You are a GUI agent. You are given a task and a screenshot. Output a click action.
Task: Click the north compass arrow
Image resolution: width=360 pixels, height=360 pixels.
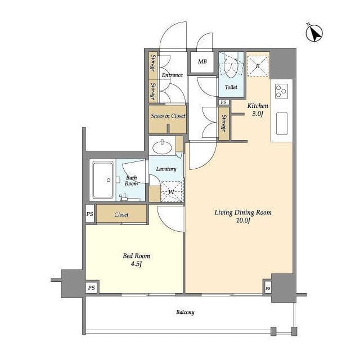314,33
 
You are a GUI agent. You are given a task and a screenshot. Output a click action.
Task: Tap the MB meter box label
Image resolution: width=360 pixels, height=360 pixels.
202,61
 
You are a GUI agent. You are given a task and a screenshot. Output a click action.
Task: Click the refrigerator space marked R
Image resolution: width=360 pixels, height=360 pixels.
258,66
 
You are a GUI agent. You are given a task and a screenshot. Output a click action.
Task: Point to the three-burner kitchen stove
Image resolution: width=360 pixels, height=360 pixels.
281,91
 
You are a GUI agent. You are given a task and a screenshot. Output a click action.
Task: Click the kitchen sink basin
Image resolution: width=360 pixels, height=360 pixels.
282,124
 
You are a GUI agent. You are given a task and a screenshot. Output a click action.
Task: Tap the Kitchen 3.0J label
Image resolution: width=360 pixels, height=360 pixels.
258,110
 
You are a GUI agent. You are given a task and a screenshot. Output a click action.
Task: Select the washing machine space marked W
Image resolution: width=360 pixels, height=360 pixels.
172,192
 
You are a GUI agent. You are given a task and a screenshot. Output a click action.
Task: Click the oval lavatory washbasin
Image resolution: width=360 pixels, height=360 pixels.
163,147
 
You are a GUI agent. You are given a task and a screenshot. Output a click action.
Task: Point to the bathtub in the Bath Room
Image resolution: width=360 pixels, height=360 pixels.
103,180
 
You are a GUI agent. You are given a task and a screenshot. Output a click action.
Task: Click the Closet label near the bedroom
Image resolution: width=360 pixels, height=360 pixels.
121,215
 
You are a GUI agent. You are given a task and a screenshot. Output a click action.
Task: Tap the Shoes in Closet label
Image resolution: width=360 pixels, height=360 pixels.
168,116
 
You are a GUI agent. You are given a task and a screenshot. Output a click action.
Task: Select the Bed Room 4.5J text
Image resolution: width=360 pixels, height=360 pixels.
136,260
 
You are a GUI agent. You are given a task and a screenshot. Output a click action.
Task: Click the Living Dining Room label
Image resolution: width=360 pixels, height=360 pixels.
243,213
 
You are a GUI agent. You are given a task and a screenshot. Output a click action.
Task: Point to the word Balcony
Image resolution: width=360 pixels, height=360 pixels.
185,312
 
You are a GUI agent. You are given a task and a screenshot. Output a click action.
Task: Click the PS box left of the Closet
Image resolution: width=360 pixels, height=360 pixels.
90,214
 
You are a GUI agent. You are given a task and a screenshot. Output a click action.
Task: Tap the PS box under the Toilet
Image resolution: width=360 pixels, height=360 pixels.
223,102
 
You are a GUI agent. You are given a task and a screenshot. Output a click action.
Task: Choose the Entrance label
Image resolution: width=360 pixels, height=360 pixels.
172,75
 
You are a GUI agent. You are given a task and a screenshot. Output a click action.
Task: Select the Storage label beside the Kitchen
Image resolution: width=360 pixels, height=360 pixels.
224,123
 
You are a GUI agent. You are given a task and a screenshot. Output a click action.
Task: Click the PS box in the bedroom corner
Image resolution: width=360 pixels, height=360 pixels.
91,287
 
